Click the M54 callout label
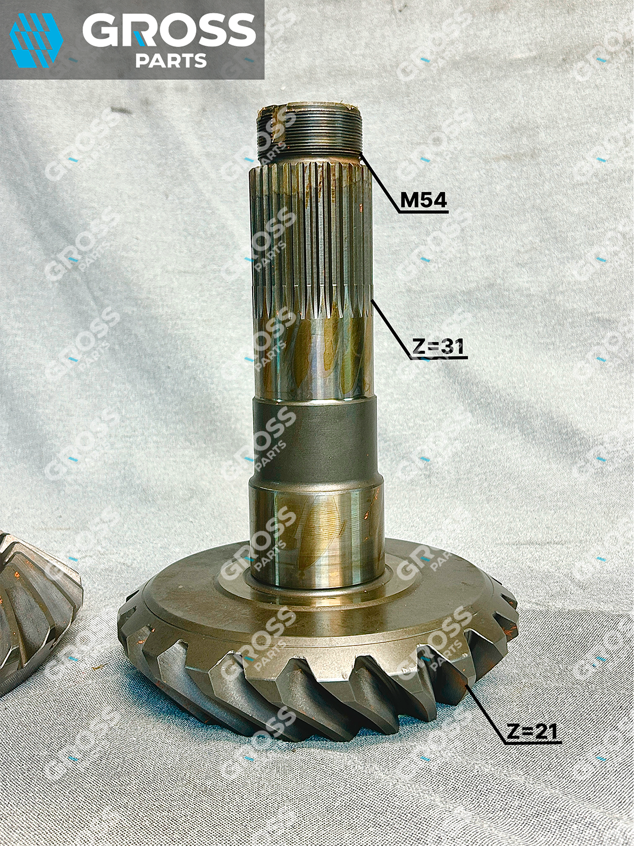pyautogui.click(x=423, y=201)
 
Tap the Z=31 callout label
pyautogui.click(x=438, y=346)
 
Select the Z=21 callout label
pyautogui.click(x=532, y=731)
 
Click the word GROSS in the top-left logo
pyautogui.click(x=169, y=30)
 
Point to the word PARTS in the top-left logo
pyautogui.click(x=171, y=61)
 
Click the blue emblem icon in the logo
pyautogui.click(x=36, y=40)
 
